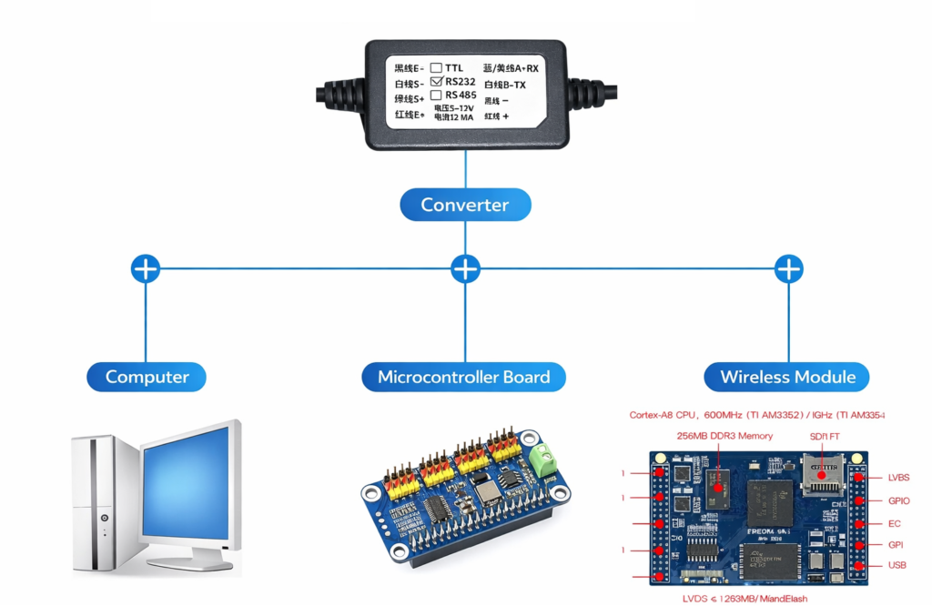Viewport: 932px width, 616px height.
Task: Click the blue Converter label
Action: point(465,205)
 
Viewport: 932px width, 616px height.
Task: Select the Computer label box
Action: point(147,377)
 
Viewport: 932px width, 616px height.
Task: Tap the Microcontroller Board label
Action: point(463,377)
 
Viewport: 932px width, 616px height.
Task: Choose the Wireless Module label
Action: point(787,377)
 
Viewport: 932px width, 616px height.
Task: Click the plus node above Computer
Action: point(146,268)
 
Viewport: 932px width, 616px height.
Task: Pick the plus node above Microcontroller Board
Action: point(465,268)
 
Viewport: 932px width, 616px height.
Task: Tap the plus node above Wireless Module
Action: point(788,268)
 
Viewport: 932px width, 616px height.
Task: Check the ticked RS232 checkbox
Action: point(436,81)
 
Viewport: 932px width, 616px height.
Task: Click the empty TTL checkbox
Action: point(436,67)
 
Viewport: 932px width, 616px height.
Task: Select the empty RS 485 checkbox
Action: point(436,95)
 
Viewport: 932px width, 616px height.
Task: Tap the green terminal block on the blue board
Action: point(545,459)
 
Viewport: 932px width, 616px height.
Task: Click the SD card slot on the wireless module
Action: point(826,473)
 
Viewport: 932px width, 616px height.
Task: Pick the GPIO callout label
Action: point(899,500)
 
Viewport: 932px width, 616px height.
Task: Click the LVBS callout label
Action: point(898,478)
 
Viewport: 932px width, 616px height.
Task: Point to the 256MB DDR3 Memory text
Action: point(724,436)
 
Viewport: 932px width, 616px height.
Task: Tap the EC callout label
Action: point(894,524)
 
